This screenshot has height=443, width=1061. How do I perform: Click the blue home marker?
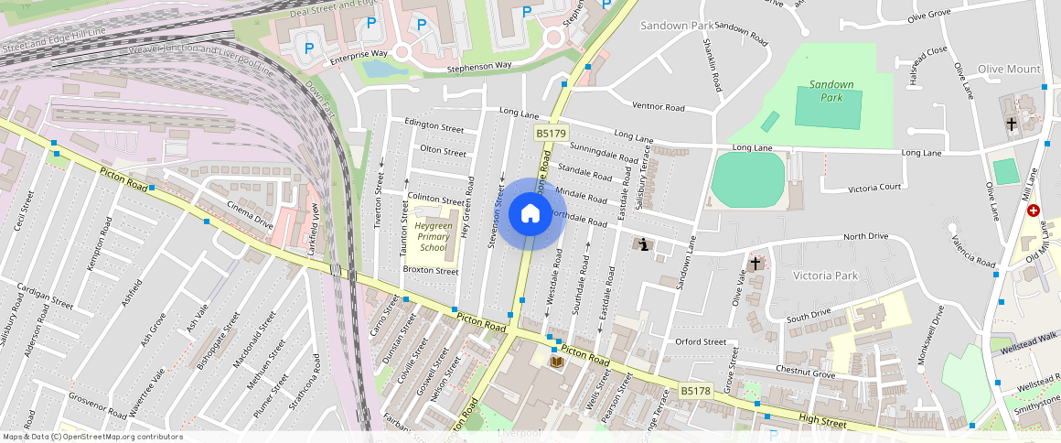click(530, 214)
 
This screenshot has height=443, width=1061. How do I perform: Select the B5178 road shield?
click(695, 391)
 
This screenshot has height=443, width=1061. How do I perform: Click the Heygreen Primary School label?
click(434, 236)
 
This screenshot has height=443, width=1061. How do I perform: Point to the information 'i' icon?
click(644, 244)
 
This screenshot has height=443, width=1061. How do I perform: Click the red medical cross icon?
click(1034, 211)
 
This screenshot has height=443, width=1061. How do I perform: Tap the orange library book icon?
click(557, 362)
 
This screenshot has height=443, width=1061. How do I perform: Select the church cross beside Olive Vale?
click(756, 264)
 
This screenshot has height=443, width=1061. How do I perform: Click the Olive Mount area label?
click(1009, 70)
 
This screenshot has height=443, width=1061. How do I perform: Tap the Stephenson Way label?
click(478, 68)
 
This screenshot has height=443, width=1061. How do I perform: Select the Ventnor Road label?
click(658, 107)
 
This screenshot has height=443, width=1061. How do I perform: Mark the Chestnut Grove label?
click(805, 373)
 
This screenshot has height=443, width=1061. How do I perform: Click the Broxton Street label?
click(431, 271)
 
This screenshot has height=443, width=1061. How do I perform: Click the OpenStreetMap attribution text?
click(92, 437)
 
